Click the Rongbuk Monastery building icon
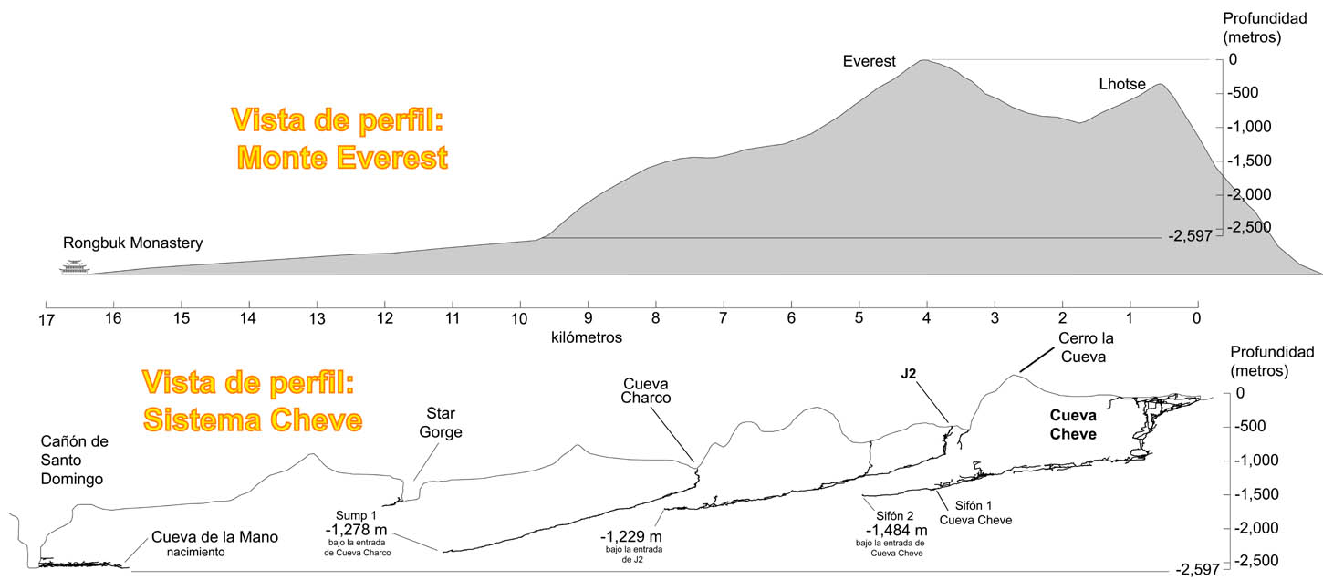(x=71, y=266)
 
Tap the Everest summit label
(x=869, y=62)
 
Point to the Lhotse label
(x=1122, y=85)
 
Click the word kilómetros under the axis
(x=587, y=337)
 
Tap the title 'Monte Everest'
(x=343, y=157)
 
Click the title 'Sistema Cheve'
(x=254, y=419)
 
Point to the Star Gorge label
(x=441, y=424)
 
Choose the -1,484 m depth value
(x=896, y=531)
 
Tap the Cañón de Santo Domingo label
(x=75, y=460)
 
